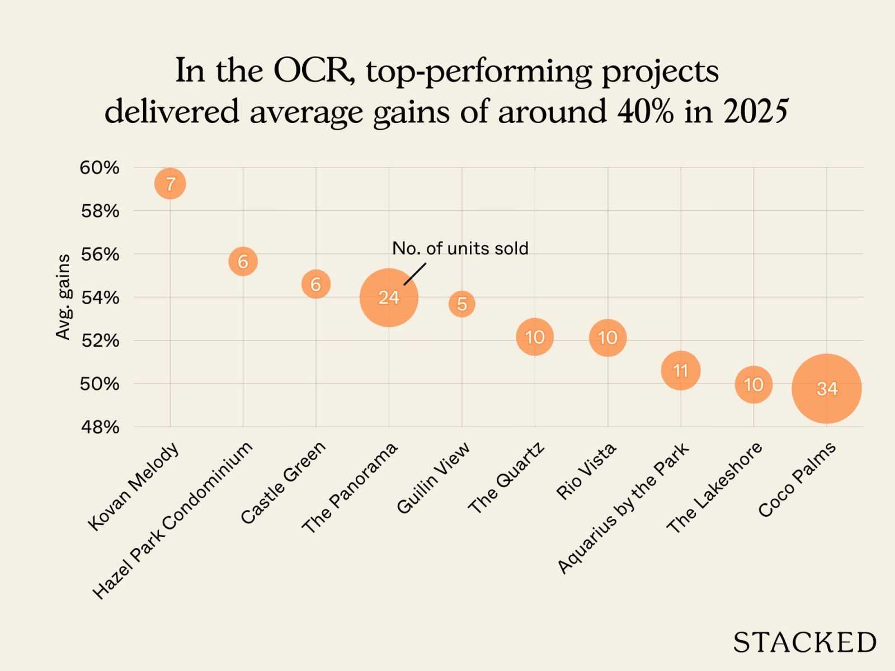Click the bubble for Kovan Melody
pos(170,183)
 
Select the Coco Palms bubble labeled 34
pos(826,389)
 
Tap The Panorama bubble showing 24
pos(389,297)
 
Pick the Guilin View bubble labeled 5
pos(461,304)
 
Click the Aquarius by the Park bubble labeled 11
pos(680,370)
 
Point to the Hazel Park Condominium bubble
pos(243,261)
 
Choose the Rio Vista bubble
pos(607,338)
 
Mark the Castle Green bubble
pos(316,284)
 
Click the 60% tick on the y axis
pos(100,168)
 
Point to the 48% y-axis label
pos(100,427)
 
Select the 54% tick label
pos(100,297)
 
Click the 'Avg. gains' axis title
pos(63,297)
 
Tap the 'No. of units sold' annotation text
pos(460,248)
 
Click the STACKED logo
pos(804,642)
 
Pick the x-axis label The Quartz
pos(506,478)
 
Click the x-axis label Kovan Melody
pos(134,486)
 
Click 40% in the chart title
pos(645,112)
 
